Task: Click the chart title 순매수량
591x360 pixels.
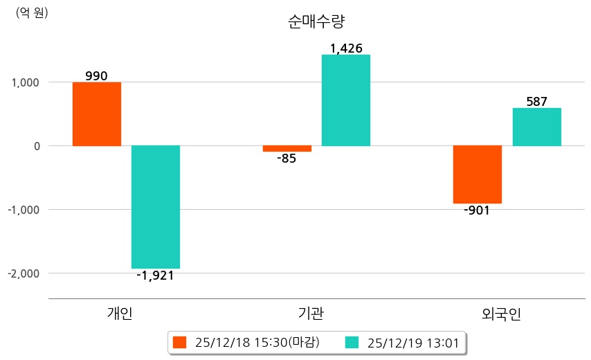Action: click(x=316, y=21)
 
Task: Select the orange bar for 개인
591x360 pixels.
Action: click(x=97, y=114)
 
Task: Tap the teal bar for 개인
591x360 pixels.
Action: click(x=156, y=207)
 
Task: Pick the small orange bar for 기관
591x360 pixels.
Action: click(x=287, y=149)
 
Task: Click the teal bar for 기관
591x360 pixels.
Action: click(x=346, y=100)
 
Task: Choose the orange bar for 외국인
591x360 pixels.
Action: click(x=478, y=174)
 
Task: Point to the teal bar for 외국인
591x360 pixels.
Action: click(x=537, y=127)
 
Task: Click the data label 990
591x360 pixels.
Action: click(x=96, y=76)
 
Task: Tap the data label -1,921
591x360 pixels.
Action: click(x=155, y=276)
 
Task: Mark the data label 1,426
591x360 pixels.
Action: click(x=346, y=48)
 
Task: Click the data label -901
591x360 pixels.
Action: click(x=477, y=210)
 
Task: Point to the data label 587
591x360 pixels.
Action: click(x=537, y=102)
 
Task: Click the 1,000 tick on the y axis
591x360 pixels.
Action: click(x=26, y=82)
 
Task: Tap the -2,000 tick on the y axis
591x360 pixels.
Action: click(x=24, y=273)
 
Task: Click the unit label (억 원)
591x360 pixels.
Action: click(x=32, y=12)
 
